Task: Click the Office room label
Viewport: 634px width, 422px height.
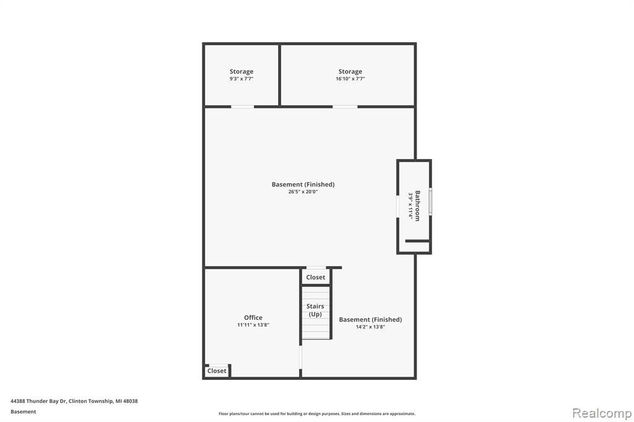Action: pyautogui.click(x=253, y=317)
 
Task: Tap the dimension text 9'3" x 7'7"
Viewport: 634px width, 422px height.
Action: pyautogui.click(x=241, y=79)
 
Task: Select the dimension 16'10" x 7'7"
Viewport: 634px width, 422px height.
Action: pyautogui.click(x=350, y=79)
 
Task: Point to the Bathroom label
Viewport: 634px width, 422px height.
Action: pyautogui.click(x=417, y=206)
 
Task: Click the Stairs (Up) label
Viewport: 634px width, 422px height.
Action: pyautogui.click(x=315, y=310)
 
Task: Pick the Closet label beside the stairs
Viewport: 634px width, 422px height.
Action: pyautogui.click(x=315, y=277)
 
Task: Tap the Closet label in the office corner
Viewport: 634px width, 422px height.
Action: pyautogui.click(x=217, y=371)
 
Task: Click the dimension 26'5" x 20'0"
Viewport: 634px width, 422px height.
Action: pyautogui.click(x=303, y=192)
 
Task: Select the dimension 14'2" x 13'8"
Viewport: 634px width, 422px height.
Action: pyautogui.click(x=370, y=327)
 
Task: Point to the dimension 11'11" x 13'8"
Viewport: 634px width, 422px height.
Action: pyautogui.click(x=253, y=325)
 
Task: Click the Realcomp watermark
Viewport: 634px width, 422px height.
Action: pyautogui.click(x=602, y=413)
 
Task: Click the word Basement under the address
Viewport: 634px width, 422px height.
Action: pyautogui.click(x=23, y=411)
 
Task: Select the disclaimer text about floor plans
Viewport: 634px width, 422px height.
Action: pyautogui.click(x=317, y=413)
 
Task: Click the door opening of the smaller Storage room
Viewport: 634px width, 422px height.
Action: pyautogui.click(x=243, y=106)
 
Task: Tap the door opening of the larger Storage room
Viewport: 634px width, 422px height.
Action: pyautogui.click(x=345, y=106)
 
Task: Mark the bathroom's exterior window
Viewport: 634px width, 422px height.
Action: pyautogui.click(x=430, y=201)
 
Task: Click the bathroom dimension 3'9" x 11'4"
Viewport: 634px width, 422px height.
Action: pyautogui.click(x=410, y=206)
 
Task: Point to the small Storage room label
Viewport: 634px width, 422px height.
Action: pyautogui.click(x=241, y=72)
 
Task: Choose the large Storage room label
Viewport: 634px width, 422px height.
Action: pyautogui.click(x=350, y=72)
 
